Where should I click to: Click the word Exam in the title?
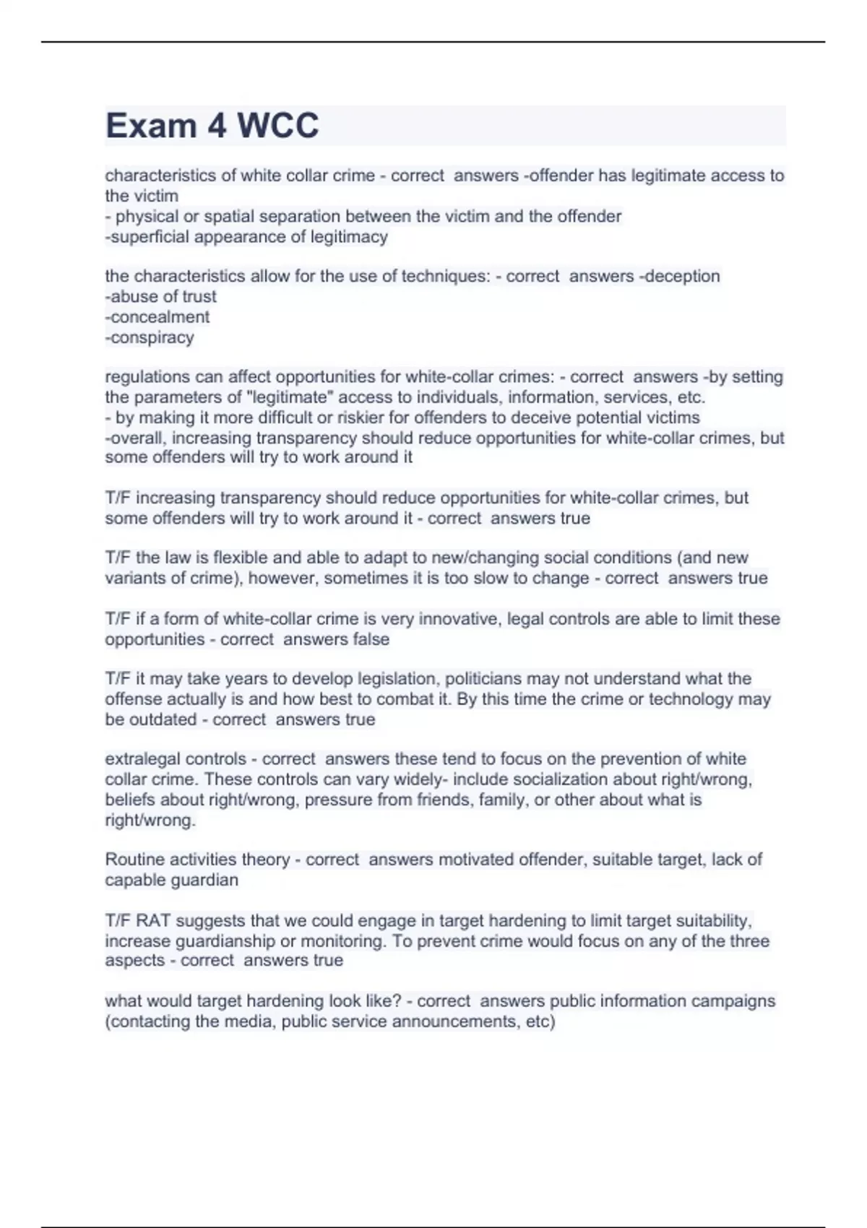151,126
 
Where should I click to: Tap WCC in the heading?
278,126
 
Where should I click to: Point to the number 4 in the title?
217,126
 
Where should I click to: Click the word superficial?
148,237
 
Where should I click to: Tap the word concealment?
160,317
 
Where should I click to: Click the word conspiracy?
152,337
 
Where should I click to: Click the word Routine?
134,860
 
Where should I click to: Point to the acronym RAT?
153,921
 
